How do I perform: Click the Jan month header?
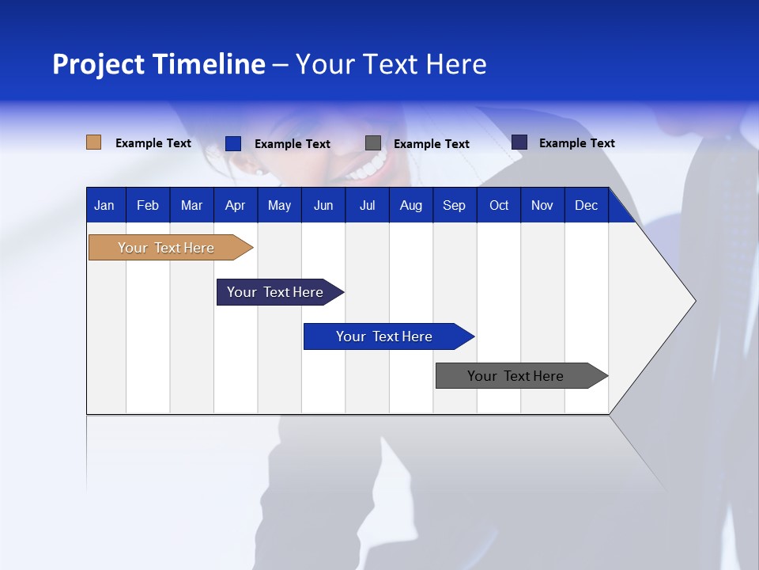[x=104, y=205]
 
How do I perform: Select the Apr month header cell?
[x=235, y=205]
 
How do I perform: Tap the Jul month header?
[x=367, y=205]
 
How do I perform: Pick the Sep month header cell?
[x=454, y=205]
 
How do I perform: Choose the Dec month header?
[x=586, y=205]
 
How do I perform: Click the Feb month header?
[x=148, y=205]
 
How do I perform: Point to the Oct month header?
[x=499, y=205]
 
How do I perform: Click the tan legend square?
[x=93, y=142]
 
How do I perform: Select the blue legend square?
[x=233, y=143]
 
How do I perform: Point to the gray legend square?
[x=373, y=143]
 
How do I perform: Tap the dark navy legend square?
[x=519, y=142]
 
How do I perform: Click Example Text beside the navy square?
[x=576, y=143]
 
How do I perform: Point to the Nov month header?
[x=542, y=205]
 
